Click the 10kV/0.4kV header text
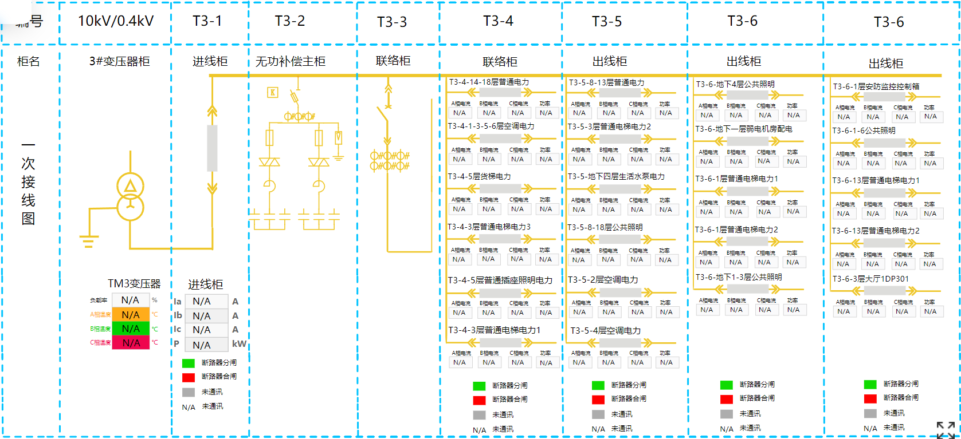(116, 21)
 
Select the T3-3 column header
(392, 22)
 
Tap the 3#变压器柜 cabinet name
(119, 61)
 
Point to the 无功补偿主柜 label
(291, 61)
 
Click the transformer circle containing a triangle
(131, 185)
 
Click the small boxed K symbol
(273, 92)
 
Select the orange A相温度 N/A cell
(131, 315)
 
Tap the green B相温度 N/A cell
(131, 329)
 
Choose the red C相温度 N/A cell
(131, 343)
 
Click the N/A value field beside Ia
(202, 302)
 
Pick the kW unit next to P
(239, 344)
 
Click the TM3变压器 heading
(134, 284)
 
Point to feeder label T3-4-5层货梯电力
(480, 176)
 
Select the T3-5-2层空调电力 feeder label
(603, 280)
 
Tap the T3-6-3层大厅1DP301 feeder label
(870, 279)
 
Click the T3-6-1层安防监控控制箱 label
(876, 86)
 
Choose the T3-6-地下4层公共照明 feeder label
(735, 84)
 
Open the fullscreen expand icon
(946, 430)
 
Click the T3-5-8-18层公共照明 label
(605, 227)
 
